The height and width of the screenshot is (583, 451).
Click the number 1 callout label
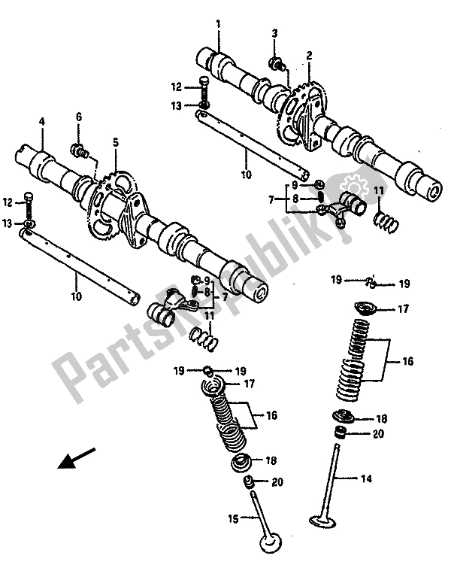pos(218,24)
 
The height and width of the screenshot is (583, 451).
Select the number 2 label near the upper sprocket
pos(308,56)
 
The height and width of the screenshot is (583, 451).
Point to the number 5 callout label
pos(116,141)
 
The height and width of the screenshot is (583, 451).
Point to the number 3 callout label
pos(275,34)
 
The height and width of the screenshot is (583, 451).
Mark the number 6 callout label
pos(77,117)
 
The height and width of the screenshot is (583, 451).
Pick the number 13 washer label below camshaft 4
pos(7,223)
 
